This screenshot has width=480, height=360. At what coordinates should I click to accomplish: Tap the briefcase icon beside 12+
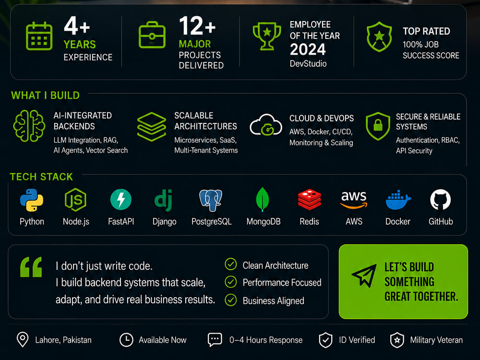pos(152,35)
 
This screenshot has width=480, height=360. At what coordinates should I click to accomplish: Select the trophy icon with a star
pos(267,36)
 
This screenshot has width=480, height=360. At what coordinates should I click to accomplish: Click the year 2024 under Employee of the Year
pos(308,49)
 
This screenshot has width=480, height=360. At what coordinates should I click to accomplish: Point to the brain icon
pos(29,126)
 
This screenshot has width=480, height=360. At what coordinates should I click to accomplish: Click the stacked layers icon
pos(152,126)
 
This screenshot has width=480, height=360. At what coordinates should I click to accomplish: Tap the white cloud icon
pos(266,125)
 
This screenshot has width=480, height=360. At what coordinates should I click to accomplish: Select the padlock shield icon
pos(378,126)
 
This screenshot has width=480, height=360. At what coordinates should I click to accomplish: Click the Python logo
pos(32,200)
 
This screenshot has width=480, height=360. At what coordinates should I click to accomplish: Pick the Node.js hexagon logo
pos(75,200)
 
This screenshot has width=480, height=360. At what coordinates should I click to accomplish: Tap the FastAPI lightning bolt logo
pos(121,200)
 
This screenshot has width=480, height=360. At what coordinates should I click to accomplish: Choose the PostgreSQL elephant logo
pos(211,200)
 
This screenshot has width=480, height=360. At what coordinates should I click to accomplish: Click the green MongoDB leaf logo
pos(263,199)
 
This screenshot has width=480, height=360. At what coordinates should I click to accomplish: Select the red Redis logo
pos(310,200)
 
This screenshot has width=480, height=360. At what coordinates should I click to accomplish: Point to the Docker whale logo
pos(398,200)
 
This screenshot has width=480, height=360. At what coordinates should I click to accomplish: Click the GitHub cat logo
pos(441,200)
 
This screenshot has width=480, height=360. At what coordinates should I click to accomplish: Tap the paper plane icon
pos(364,275)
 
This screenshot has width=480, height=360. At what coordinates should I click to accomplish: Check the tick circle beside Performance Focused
pos(231,282)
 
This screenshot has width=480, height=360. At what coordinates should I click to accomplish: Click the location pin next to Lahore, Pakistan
pos(23,339)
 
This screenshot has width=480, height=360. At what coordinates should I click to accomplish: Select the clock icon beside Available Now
pos(126,340)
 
